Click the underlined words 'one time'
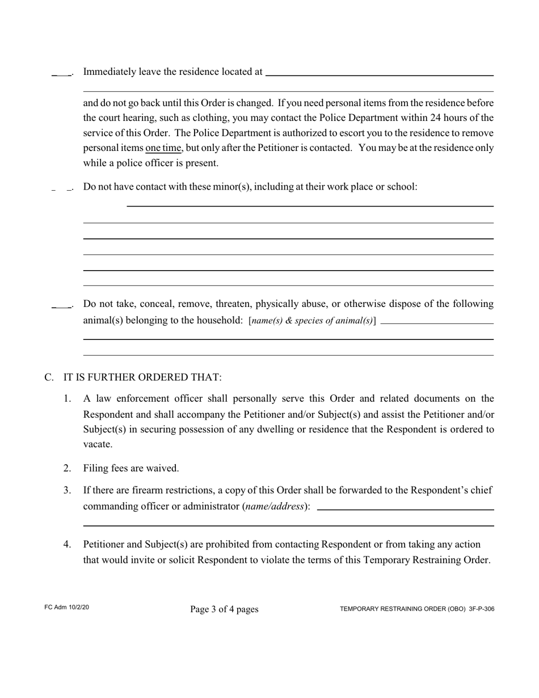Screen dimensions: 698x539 163,148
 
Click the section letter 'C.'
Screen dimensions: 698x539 49,377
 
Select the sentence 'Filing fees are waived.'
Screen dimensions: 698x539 131,468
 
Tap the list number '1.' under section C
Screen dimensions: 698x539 67,399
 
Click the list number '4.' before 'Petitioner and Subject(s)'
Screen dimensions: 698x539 67,545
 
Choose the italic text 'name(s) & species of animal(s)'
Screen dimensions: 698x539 312,321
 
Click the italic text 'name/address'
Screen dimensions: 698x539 275,506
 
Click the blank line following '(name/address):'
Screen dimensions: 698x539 405,508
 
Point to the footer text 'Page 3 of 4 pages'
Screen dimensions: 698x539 224,609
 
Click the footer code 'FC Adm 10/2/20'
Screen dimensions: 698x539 66,608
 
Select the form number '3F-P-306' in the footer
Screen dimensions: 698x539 482,609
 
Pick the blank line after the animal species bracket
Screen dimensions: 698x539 437,322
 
